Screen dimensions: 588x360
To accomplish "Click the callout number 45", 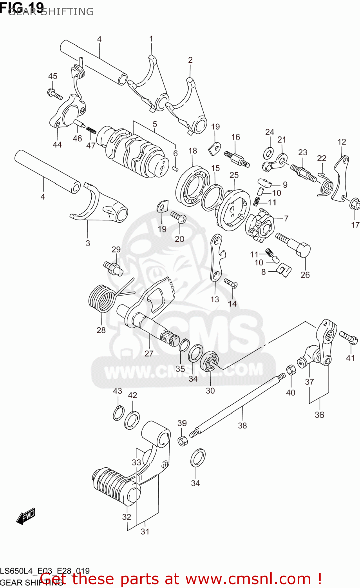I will click(x=52, y=76).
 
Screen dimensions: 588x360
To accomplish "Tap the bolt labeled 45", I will click(x=54, y=94).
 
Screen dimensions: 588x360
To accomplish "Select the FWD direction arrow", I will click(x=26, y=516).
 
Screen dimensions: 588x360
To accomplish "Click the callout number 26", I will click(x=305, y=275).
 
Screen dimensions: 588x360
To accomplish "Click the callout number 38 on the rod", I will click(x=242, y=425).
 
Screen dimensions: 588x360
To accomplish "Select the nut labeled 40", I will click(x=291, y=370).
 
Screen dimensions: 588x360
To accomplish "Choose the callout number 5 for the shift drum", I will click(x=155, y=124).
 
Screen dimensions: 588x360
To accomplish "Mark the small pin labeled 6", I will click(x=176, y=169).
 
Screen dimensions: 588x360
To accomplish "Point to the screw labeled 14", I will click(x=231, y=283).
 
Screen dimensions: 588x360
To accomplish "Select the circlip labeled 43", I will click(x=119, y=413).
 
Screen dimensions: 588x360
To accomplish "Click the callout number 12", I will click(x=342, y=142).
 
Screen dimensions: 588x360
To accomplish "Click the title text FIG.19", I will click(x=22, y=7).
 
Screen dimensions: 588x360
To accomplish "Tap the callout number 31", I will click(x=145, y=532).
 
